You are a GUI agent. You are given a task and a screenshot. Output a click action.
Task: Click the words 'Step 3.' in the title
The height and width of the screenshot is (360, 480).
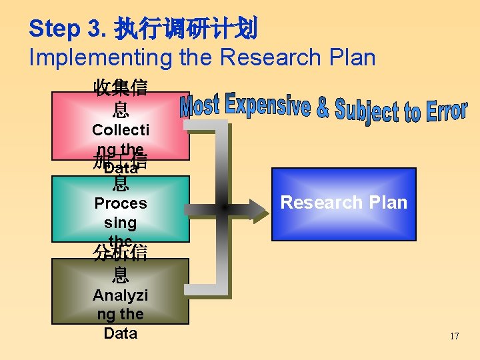click(64, 28)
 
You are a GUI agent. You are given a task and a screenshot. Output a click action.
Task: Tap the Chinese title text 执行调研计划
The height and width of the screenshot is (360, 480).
click(185, 28)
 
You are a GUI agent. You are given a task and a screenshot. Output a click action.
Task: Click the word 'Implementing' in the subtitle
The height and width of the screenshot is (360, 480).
click(101, 57)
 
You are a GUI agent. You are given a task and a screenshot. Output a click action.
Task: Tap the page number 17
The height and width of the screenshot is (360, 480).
click(454, 336)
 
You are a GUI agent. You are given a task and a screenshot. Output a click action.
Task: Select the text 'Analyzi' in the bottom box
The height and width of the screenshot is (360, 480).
click(121, 295)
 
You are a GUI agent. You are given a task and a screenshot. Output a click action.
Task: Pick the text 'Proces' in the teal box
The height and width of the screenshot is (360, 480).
click(121, 203)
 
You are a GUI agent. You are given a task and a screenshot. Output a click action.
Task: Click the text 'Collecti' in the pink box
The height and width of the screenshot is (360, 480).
click(121, 129)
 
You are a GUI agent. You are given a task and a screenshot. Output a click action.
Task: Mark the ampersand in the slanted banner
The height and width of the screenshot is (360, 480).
click(322, 108)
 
